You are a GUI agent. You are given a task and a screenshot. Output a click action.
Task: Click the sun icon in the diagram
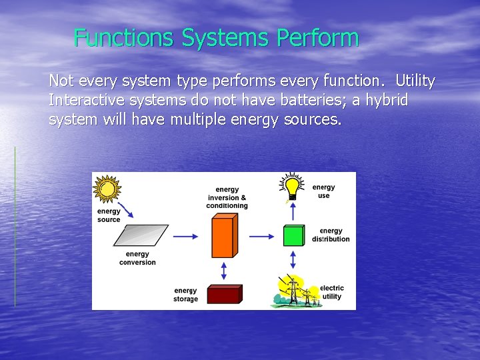[x=106, y=189]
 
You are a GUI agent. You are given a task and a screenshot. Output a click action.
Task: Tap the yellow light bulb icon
[x=292, y=186]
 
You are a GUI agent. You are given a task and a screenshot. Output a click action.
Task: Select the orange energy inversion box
[x=223, y=237]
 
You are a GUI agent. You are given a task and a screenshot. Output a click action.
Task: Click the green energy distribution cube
[x=293, y=236]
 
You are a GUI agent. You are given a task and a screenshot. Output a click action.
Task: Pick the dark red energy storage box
[x=223, y=294]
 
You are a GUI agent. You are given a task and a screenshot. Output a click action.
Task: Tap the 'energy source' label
[x=109, y=215]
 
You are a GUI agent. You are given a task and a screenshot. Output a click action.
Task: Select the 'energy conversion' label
[x=137, y=258]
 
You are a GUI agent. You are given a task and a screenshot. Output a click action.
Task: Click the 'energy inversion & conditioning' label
[x=227, y=198]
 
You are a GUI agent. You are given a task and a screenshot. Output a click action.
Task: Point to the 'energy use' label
[x=324, y=191]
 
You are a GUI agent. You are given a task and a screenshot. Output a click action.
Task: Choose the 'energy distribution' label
[x=331, y=235]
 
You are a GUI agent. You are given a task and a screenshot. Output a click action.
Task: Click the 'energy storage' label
[x=185, y=295]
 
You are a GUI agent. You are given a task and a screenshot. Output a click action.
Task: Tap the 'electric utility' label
[x=332, y=292]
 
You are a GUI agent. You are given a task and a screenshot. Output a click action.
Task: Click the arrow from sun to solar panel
[x=126, y=210]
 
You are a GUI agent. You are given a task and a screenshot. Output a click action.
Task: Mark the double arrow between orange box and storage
[x=223, y=270]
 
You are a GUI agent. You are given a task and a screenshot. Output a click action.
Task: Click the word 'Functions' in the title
[x=125, y=38]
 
